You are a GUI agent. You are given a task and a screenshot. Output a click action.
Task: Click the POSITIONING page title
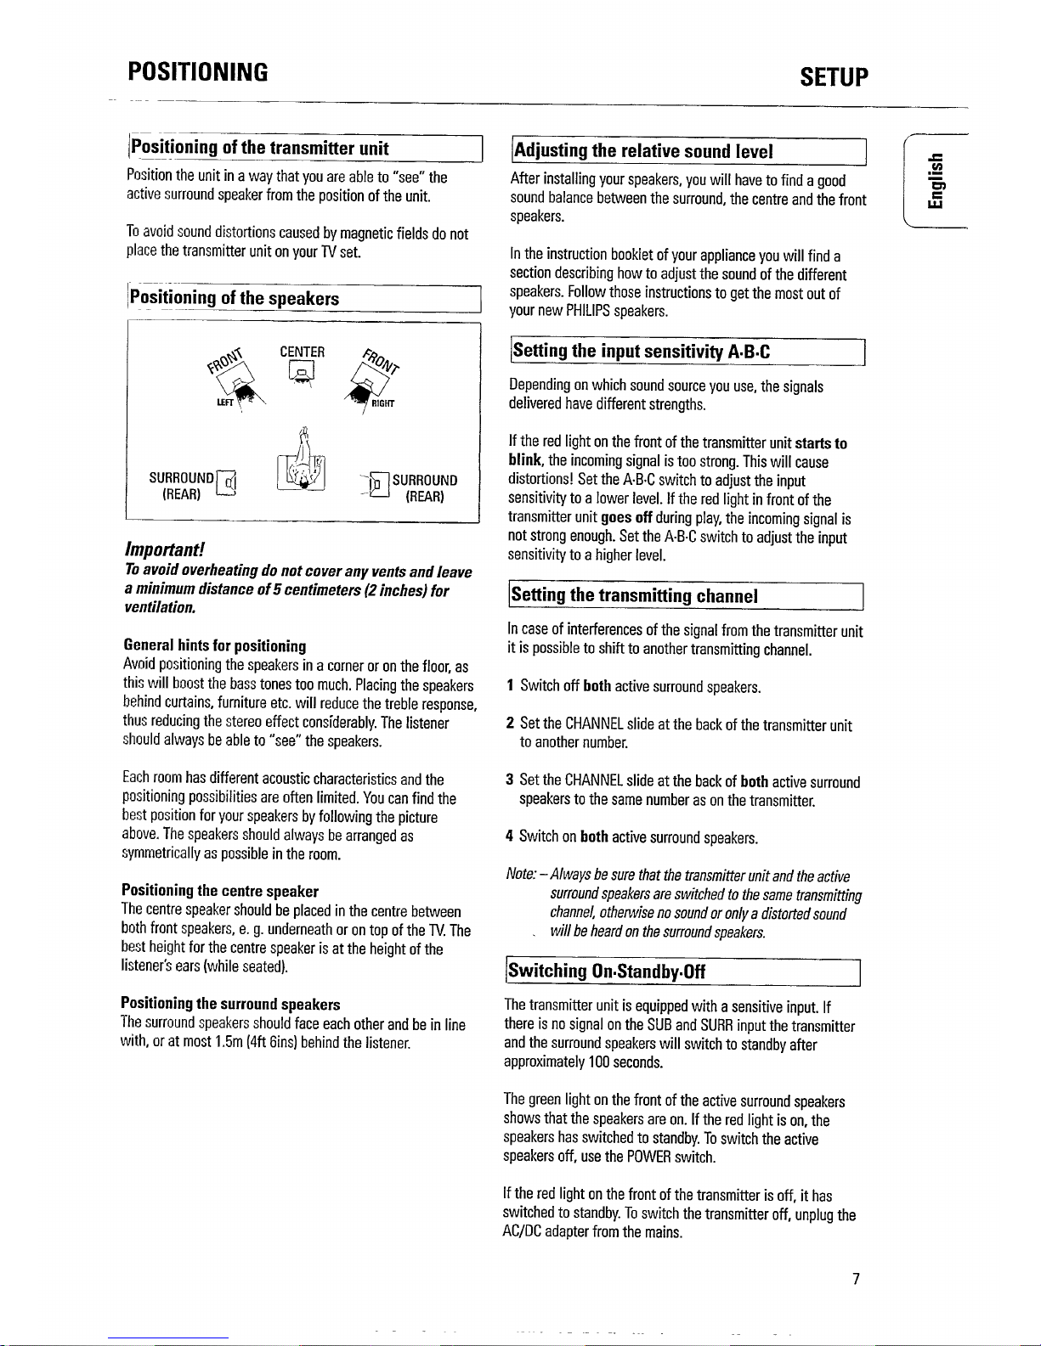197,72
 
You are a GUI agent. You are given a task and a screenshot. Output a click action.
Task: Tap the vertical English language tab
936,181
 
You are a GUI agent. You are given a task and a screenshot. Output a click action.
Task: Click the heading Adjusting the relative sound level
642,151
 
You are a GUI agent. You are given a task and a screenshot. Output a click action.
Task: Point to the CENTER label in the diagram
302,352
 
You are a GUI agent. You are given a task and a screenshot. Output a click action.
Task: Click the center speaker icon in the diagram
302,371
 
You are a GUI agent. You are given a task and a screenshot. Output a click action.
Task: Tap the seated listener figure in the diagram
301,464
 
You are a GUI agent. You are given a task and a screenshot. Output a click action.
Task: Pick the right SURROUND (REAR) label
425,488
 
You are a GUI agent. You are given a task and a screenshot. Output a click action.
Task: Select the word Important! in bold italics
161,549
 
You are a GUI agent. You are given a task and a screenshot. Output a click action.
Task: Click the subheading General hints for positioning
214,645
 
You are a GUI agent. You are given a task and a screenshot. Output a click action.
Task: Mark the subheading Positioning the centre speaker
219,891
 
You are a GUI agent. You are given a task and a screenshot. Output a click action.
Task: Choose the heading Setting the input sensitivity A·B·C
642,351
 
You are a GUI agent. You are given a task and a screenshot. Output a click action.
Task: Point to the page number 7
857,1279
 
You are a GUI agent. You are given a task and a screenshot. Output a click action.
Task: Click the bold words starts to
822,443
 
